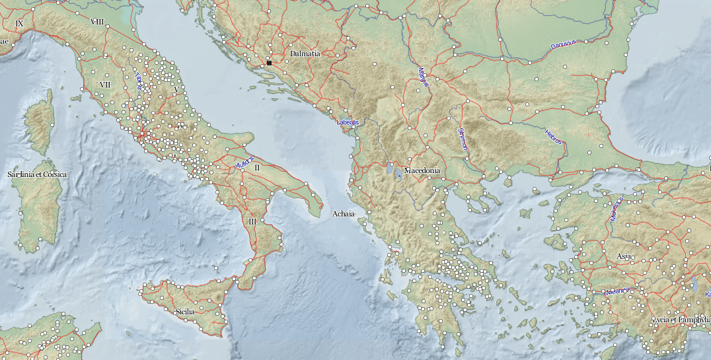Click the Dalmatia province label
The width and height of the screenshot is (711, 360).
305,54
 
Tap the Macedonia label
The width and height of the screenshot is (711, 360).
422,170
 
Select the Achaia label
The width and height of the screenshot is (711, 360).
344,214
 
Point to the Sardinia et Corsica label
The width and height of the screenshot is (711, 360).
37,174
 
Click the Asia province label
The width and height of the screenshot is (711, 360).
624,256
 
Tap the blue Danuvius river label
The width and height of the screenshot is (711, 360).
564,44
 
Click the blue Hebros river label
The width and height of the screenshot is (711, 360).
553,137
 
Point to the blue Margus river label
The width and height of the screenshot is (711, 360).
424,77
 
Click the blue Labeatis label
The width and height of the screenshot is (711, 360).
348,122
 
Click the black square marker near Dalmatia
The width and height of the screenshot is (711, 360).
270,63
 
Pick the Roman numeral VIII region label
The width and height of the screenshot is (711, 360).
98,22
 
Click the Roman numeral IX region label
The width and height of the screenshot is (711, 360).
19,24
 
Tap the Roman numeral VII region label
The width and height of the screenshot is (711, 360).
104,85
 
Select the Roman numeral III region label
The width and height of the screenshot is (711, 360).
252,221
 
